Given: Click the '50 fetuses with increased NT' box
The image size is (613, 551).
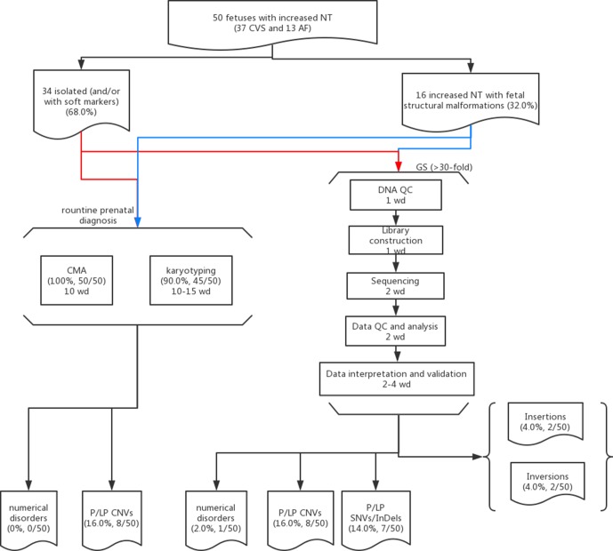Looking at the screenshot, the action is (272, 23).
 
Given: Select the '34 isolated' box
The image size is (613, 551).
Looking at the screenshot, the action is (81, 102).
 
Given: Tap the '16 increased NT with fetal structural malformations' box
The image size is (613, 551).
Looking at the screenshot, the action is (471, 100).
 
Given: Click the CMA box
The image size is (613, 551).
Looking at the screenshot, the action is (77, 280).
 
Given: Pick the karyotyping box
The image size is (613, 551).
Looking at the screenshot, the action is (190, 280).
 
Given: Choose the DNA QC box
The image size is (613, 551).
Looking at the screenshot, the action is (396, 195).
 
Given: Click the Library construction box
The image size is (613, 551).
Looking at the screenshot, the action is (396, 240).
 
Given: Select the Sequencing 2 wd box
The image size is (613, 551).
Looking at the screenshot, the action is (395, 286).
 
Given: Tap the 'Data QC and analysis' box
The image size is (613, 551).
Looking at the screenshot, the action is (395, 331).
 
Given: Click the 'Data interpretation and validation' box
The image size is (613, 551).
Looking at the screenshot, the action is (397, 379).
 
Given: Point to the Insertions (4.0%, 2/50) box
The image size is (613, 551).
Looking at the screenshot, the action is (545, 423).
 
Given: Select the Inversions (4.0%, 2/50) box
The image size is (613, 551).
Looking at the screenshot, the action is (548, 483).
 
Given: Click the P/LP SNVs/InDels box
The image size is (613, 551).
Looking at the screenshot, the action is (376, 518).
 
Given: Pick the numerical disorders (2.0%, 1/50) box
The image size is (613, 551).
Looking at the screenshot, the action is (216, 519).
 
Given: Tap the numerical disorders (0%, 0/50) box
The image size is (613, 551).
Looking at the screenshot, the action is (28, 519).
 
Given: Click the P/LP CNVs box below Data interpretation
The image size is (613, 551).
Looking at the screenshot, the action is (300, 519).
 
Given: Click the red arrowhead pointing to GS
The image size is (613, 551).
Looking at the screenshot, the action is (399, 166).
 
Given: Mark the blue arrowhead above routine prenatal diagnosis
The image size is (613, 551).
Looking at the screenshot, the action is (138, 222).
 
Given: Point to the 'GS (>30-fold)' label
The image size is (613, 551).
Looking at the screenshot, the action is (444, 167).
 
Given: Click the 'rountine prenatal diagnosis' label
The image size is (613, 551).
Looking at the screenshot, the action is (98, 215).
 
